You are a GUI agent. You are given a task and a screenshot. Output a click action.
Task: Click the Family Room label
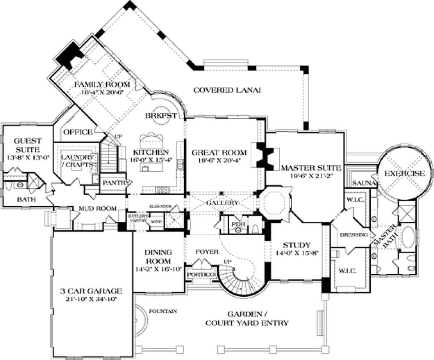click(x=102, y=84)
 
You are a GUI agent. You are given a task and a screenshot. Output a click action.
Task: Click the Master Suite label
click(x=310, y=168)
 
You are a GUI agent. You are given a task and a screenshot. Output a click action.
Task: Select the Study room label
click(x=296, y=244)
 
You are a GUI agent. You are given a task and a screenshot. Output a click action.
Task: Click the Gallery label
click(x=222, y=203)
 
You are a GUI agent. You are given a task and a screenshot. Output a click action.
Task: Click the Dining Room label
click(x=158, y=256)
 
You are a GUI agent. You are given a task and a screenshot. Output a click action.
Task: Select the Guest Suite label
click(x=27, y=144)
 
